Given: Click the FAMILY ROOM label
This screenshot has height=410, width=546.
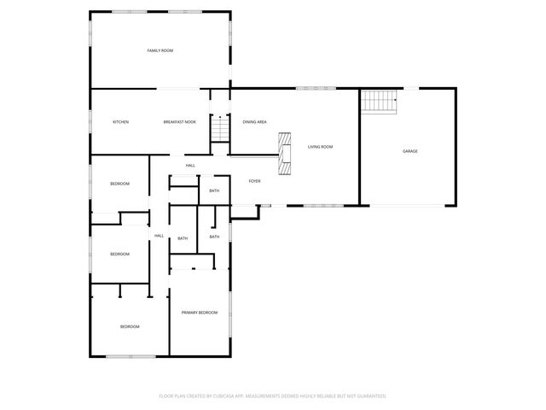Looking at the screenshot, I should click(x=160, y=51).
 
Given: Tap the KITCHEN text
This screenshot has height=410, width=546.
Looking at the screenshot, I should click(x=121, y=122).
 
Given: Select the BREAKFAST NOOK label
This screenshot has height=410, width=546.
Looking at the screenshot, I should click(x=179, y=122).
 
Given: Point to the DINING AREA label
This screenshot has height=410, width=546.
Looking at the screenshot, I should click(x=255, y=122).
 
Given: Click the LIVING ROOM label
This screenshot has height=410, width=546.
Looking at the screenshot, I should click(x=320, y=147).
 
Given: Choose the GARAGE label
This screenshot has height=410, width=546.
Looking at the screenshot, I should click(x=410, y=151).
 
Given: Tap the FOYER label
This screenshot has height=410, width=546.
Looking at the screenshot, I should click(x=254, y=181).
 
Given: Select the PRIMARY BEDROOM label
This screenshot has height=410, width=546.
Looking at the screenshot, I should click(x=200, y=313).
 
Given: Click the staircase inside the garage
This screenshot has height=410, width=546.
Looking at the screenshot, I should click(x=380, y=102).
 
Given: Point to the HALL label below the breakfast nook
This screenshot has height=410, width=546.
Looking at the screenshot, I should click(x=189, y=165).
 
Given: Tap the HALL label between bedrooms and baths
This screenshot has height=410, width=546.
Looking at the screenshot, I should click(x=159, y=236).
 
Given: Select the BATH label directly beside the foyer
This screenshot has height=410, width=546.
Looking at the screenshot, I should click(x=214, y=190).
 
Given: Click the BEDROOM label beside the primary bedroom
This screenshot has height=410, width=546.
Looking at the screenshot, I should click(x=130, y=326).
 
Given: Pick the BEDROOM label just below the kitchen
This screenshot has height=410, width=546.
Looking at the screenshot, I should click(x=119, y=184).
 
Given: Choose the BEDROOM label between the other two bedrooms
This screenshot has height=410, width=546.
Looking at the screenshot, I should click(x=119, y=254).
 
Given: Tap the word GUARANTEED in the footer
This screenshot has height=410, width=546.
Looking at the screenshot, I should click(x=367, y=396).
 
